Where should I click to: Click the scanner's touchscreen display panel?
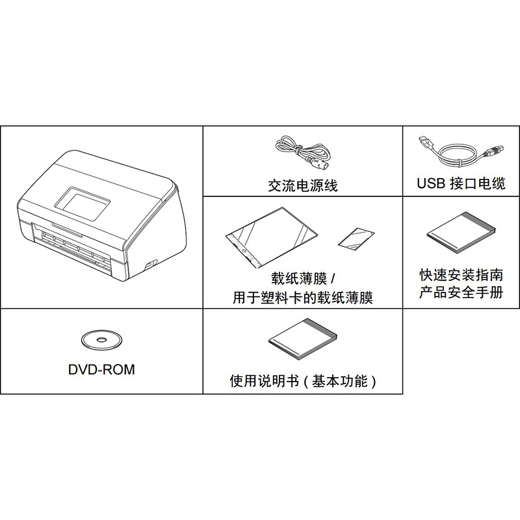[82, 204]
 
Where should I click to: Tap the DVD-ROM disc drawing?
[101, 339]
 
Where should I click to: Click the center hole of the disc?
[101, 339]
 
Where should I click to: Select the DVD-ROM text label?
[101, 369]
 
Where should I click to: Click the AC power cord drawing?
[302, 151]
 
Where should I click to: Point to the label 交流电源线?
[303, 185]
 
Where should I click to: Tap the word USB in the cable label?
[431, 183]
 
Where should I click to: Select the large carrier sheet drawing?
[271, 237]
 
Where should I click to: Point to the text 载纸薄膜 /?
[303, 279]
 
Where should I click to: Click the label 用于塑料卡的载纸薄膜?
[303, 297]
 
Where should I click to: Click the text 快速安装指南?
[461, 275]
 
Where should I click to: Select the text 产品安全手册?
[461, 292]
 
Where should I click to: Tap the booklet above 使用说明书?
[303, 339]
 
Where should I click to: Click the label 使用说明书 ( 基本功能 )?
[303, 381]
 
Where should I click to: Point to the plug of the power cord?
[320, 163]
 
